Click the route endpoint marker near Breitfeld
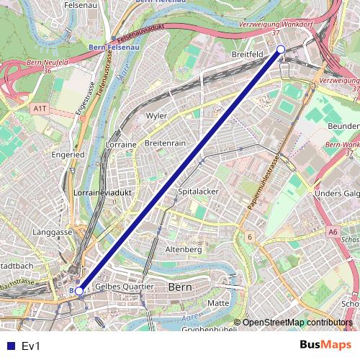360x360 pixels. click(x=281, y=49)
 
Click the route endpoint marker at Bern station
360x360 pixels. click(x=79, y=291)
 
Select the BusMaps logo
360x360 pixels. click(x=325, y=346)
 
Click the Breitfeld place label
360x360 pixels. click(x=248, y=53)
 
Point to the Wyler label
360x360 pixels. click(x=156, y=115)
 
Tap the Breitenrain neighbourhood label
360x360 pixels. click(x=165, y=143)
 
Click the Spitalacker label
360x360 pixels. click(x=198, y=192)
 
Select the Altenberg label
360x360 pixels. click(x=184, y=249)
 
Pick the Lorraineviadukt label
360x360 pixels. click(x=101, y=194)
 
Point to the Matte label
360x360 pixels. click(x=218, y=303)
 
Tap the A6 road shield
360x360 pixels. click(x=332, y=232)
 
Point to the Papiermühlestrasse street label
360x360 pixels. click(x=264, y=182)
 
